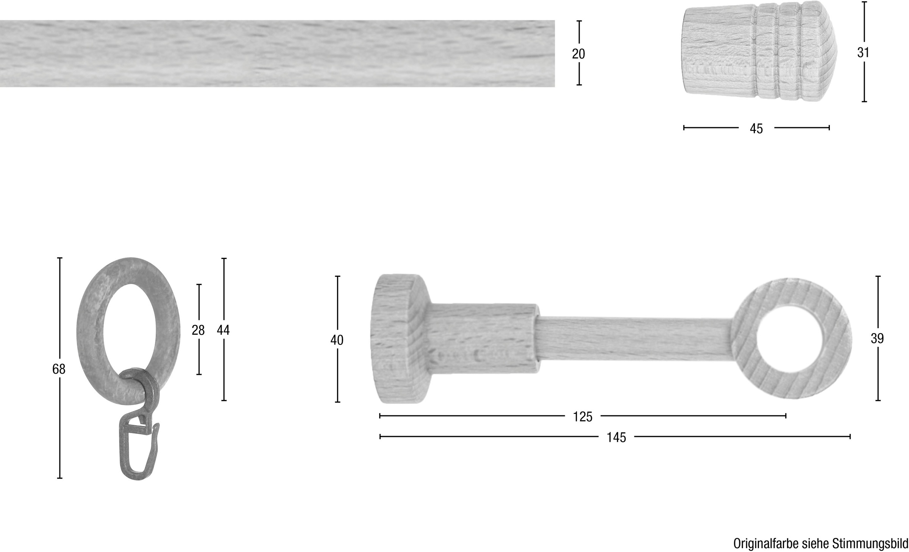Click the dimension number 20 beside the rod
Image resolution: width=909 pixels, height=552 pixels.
[x=578, y=54]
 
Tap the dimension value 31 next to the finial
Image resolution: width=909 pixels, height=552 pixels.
[x=863, y=53]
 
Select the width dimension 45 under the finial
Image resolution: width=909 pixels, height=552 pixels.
[x=756, y=129]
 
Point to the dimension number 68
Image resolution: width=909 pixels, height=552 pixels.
[x=59, y=369]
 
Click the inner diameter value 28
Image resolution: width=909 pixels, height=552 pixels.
[x=198, y=330]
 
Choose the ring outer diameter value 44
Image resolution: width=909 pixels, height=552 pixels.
[x=223, y=330]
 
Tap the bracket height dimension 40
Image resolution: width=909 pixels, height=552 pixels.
[x=337, y=340]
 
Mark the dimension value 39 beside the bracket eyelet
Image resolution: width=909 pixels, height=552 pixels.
[x=877, y=338]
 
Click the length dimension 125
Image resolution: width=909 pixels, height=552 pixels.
[x=583, y=417]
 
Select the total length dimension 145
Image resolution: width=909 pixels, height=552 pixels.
[x=616, y=438]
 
